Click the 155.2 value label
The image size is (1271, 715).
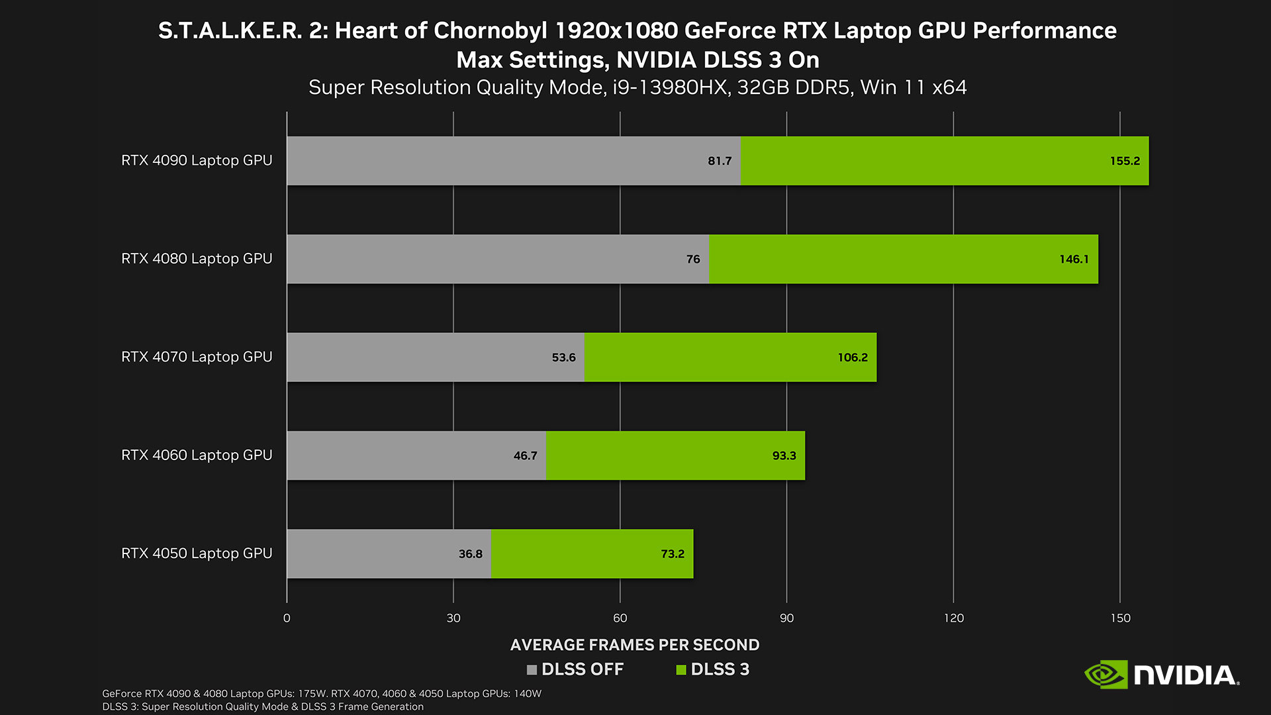pos(1125,161)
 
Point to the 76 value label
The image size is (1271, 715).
pos(693,259)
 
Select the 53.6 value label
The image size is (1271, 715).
pos(563,358)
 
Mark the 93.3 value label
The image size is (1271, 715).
pos(784,455)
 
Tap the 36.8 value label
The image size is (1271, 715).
pos(470,553)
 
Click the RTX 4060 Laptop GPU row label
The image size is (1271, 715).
pos(197,455)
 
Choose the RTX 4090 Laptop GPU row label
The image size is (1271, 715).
pos(197,160)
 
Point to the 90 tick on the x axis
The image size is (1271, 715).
pos(786,618)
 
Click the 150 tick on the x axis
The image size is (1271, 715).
pos(1120,618)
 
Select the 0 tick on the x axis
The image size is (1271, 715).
pos(287,618)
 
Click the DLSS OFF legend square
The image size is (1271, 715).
pos(532,670)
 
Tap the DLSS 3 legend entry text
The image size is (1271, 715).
pos(720,669)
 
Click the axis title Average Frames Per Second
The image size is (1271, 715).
pos(635,645)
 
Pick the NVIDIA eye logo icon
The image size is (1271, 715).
pos(1105,675)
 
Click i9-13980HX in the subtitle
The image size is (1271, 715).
pos(669,87)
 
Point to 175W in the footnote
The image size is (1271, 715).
pos(312,693)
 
